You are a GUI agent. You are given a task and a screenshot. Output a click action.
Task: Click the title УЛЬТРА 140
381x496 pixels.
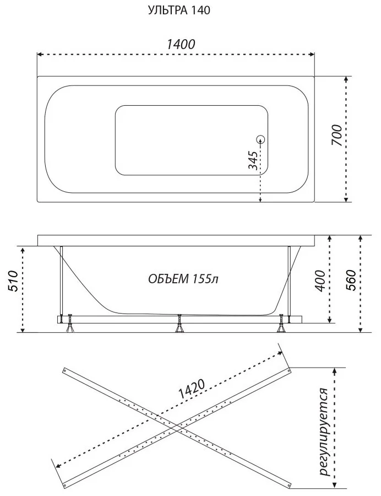coord(179,10)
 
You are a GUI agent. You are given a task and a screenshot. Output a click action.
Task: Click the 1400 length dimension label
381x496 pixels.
coord(181,44)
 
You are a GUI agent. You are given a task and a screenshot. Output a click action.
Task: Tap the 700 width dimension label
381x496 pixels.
coord(337,135)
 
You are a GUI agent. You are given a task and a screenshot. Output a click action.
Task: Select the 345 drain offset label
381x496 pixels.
coord(252,160)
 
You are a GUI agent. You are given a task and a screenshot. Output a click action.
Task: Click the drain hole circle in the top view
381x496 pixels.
coord(260,139)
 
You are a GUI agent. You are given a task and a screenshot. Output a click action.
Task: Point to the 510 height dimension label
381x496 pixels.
coord(13,281)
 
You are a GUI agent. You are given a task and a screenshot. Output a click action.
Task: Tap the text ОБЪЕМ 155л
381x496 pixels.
coord(183,279)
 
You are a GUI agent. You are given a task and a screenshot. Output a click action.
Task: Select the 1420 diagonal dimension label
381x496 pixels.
coord(192,389)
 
